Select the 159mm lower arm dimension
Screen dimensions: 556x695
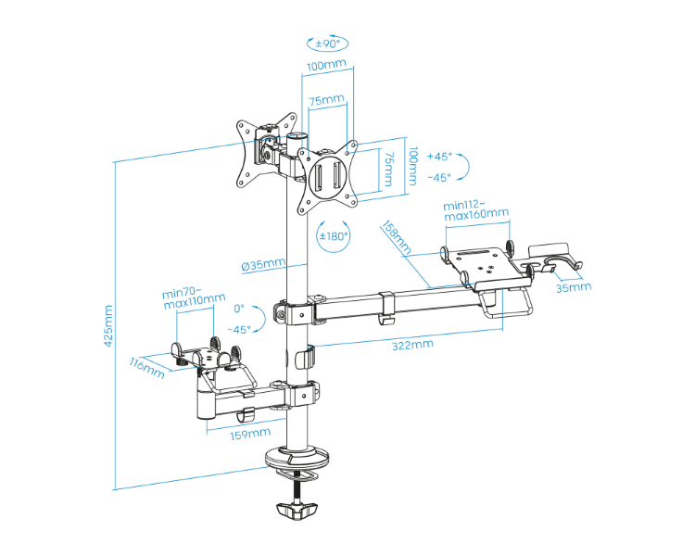tap(251, 432)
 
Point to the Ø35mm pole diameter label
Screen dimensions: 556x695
tap(263, 265)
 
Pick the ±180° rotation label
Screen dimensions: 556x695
tap(334, 236)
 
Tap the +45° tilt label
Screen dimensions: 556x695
tap(439, 157)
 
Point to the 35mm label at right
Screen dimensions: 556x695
tap(574, 287)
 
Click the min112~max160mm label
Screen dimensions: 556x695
tap(476, 211)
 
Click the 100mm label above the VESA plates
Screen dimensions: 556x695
tap(325, 65)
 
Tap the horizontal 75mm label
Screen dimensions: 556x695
tap(327, 99)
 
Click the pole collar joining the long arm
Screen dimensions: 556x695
tap(297, 311)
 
